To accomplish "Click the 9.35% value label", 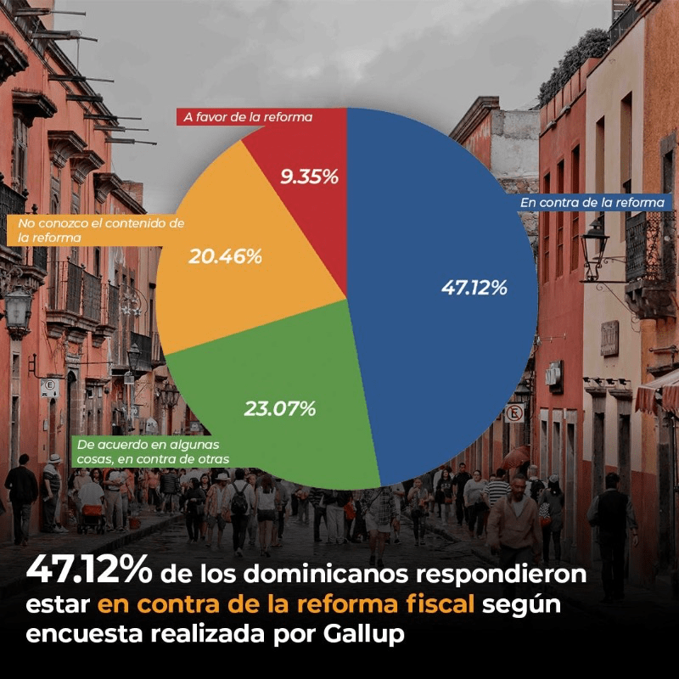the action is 309,177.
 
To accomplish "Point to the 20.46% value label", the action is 225,257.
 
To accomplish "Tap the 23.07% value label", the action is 280,409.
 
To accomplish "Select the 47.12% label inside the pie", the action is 474,288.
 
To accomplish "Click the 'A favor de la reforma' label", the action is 248,117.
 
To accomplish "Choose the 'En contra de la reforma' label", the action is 592,203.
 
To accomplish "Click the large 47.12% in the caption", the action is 89,570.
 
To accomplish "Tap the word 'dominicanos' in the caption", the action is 327,574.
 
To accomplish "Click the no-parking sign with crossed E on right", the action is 514,413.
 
